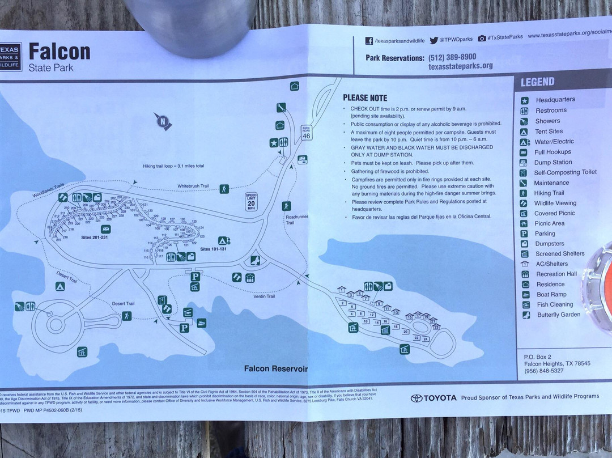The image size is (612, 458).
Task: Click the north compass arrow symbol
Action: click(163, 121)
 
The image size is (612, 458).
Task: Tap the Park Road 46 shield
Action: click(307, 132)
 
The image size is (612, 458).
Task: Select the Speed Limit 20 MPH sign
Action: click(251, 202)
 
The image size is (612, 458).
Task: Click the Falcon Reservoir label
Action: click(275, 368)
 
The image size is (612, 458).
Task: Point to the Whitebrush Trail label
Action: click(193, 186)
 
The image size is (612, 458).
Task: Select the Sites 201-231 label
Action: click(94, 238)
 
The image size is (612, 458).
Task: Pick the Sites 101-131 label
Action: click(213, 249)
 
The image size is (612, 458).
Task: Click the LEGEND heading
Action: click(537, 82)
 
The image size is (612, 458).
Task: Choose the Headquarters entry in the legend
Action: click(555, 100)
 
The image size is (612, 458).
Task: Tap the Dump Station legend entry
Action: click(552, 162)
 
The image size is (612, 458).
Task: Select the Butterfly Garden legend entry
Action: click(558, 315)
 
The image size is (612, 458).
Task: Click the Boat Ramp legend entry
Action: click(551, 295)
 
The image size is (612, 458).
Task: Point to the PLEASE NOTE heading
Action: click(365, 98)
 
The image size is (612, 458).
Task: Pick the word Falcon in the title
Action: click(59, 52)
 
